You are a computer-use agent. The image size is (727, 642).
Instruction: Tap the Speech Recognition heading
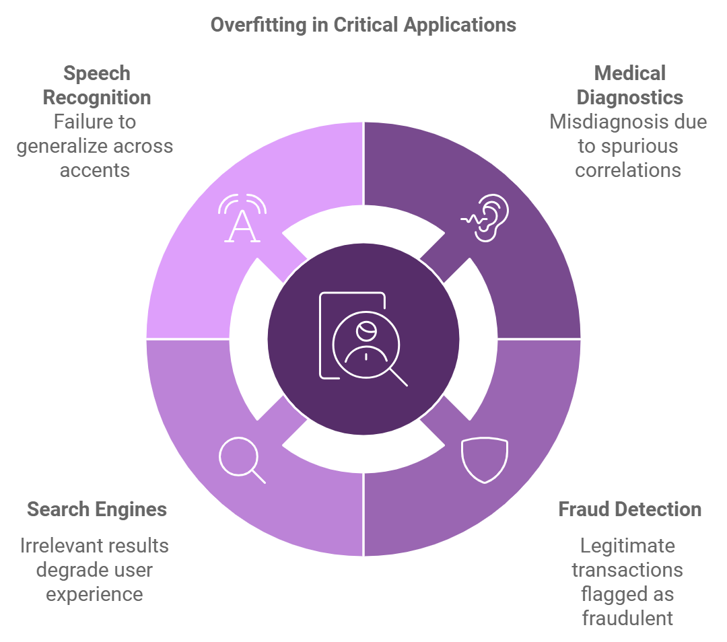(97, 85)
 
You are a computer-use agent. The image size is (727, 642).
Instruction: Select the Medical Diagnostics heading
(629, 85)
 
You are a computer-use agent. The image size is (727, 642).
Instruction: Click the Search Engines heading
(97, 509)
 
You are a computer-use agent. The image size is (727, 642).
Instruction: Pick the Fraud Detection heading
(629, 509)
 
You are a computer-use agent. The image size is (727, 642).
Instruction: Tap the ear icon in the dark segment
(486, 217)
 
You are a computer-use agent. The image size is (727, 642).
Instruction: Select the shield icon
(485, 460)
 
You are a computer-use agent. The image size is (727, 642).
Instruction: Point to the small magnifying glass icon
(242, 460)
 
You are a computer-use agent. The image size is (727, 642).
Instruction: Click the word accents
(95, 170)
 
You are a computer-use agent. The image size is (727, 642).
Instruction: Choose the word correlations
(628, 170)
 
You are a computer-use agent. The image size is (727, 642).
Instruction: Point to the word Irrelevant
(61, 545)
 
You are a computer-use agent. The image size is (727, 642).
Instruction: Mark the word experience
(94, 594)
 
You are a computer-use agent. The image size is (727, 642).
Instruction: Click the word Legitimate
(627, 545)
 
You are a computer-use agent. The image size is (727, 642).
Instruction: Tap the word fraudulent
(627, 618)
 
